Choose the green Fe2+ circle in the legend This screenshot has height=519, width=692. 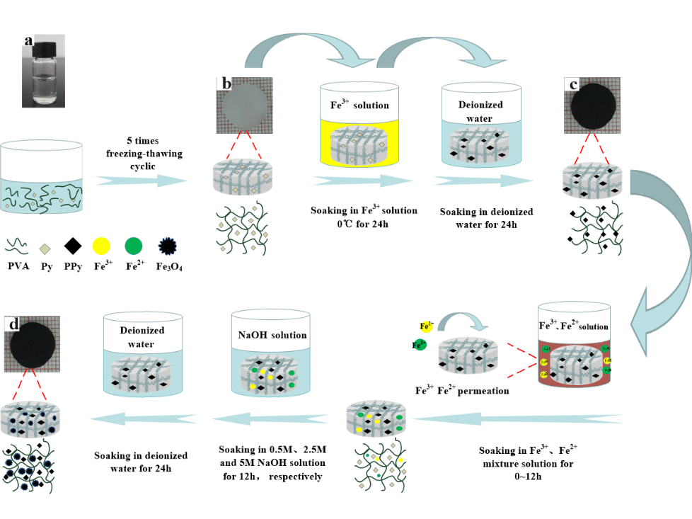134,246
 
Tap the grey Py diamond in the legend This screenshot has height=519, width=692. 44,248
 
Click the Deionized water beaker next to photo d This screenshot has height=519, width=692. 143,354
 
